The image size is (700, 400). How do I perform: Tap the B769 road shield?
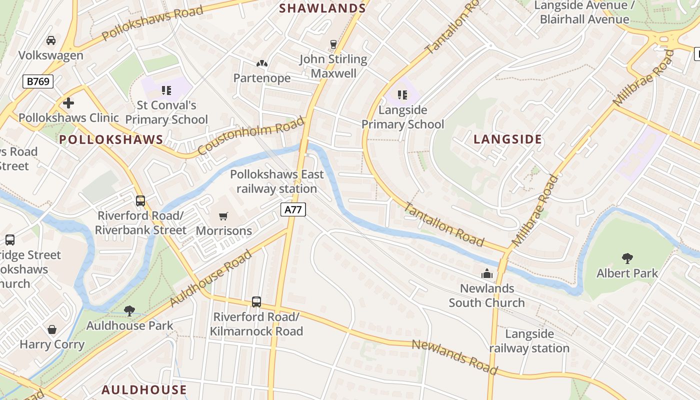(38, 81)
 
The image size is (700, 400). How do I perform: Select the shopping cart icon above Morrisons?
(223, 216)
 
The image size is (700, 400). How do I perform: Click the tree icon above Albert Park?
(627, 258)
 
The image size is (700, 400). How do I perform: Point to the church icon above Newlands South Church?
(486, 273)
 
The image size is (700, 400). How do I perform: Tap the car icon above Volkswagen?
(51, 40)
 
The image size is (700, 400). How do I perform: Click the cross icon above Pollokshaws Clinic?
(68, 103)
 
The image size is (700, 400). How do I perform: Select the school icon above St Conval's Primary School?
(166, 90)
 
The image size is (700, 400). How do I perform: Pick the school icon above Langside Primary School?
(402, 94)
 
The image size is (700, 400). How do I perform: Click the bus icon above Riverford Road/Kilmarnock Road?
(256, 302)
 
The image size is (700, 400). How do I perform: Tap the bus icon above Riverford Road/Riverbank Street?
(140, 201)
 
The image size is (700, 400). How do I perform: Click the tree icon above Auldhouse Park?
(129, 311)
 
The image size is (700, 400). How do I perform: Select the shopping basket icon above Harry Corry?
(52, 329)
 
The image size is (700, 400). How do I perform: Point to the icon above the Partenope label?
(262, 63)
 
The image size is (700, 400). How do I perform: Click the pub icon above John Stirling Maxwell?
(333, 44)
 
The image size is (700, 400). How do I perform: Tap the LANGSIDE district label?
(507, 139)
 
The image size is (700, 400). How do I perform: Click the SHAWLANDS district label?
(322, 8)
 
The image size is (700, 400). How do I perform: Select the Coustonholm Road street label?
(251, 136)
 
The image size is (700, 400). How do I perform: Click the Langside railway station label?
(529, 341)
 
